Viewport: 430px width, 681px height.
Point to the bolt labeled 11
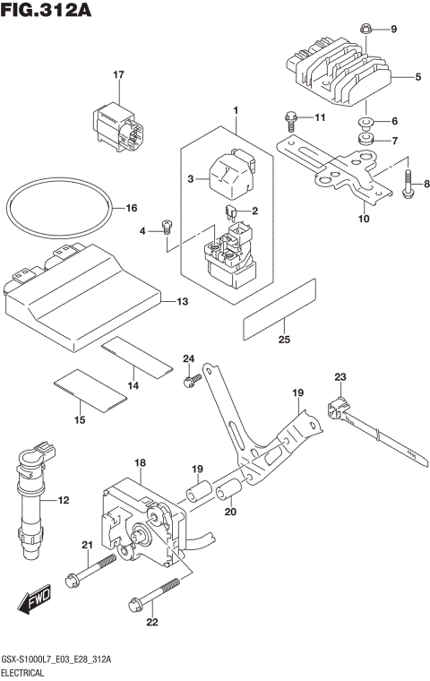click(x=291, y=116)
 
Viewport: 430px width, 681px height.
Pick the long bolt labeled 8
click(x=408, y=185)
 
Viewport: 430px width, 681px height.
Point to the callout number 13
click(x=182, y=301)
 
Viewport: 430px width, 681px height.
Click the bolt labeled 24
click(x=189, y=381)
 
